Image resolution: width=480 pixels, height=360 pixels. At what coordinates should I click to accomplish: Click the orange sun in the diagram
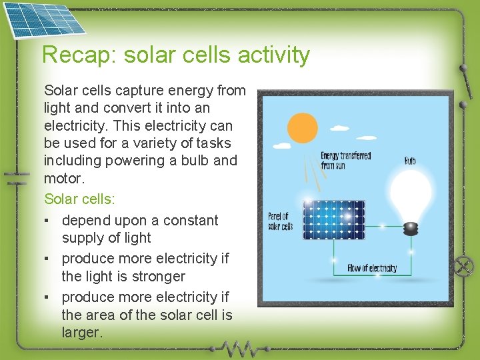[x=302, y=128]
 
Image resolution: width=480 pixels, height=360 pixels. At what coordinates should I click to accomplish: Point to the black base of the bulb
[x=411, y=229]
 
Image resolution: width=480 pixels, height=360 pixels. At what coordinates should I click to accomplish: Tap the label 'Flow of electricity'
[x=372, y=269]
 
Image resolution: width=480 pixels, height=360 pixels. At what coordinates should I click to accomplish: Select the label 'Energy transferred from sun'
[x=345, y=161]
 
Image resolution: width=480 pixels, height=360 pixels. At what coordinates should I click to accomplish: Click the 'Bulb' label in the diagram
[x=410, y=161]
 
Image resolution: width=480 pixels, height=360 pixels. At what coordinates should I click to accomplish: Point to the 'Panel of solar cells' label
[x=280, y=221]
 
